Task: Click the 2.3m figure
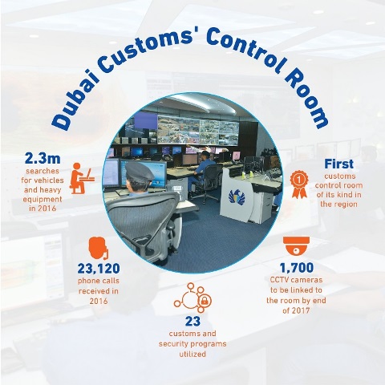click(43, 159)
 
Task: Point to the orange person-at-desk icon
click(81, 178)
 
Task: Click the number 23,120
click(99, 269)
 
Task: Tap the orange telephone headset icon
click(99, 248)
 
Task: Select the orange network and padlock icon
click(192, 298)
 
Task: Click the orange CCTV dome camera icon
click(296, 245)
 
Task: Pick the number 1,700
click(297, 268)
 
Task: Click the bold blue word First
click(338, 164)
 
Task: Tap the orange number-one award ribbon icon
click(299, 184)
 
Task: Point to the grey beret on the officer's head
click(139, 172)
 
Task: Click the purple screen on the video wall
click(145, 121)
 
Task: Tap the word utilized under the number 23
click(192, 355)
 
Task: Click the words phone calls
click(99, 281)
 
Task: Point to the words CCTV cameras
click(296, 280)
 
